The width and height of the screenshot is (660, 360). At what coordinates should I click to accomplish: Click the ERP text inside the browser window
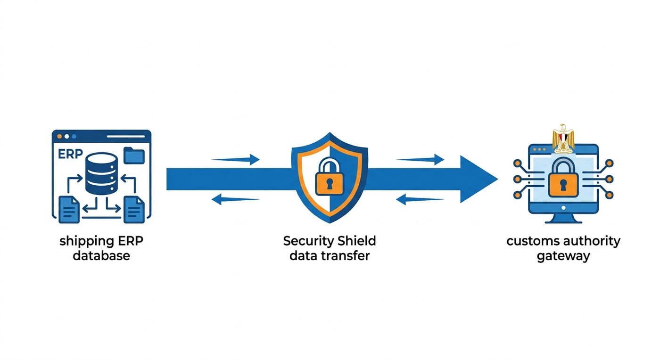[x=70, y=154]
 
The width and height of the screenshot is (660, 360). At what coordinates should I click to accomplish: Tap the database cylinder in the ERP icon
[x=101, y=173]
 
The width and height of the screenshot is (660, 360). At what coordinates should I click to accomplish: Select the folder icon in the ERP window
[x=134, y=155]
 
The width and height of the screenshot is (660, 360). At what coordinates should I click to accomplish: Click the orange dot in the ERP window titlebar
[x=59, y=136]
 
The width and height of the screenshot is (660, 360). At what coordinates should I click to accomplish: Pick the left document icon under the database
[x=69, y=210]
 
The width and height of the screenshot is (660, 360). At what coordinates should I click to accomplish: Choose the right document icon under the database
[x=134, y=210]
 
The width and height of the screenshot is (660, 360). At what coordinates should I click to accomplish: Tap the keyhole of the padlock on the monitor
[x=563, y=185]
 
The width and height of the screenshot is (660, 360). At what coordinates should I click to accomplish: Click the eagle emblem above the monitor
[x=563, y=139]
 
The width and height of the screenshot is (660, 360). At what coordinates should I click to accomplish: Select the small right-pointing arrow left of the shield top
[x=236, y=159]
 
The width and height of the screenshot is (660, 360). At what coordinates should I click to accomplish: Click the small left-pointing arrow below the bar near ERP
[x=236, y=199]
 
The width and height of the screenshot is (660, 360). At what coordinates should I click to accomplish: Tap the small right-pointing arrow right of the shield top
[x=420, y=159]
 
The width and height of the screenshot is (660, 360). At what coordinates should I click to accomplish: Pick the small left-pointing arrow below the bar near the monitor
[x=420, y=199]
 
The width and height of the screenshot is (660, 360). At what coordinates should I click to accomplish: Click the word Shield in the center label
[x=357, y=241]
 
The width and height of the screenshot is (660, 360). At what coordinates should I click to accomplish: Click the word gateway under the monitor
[x=563, y=256]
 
